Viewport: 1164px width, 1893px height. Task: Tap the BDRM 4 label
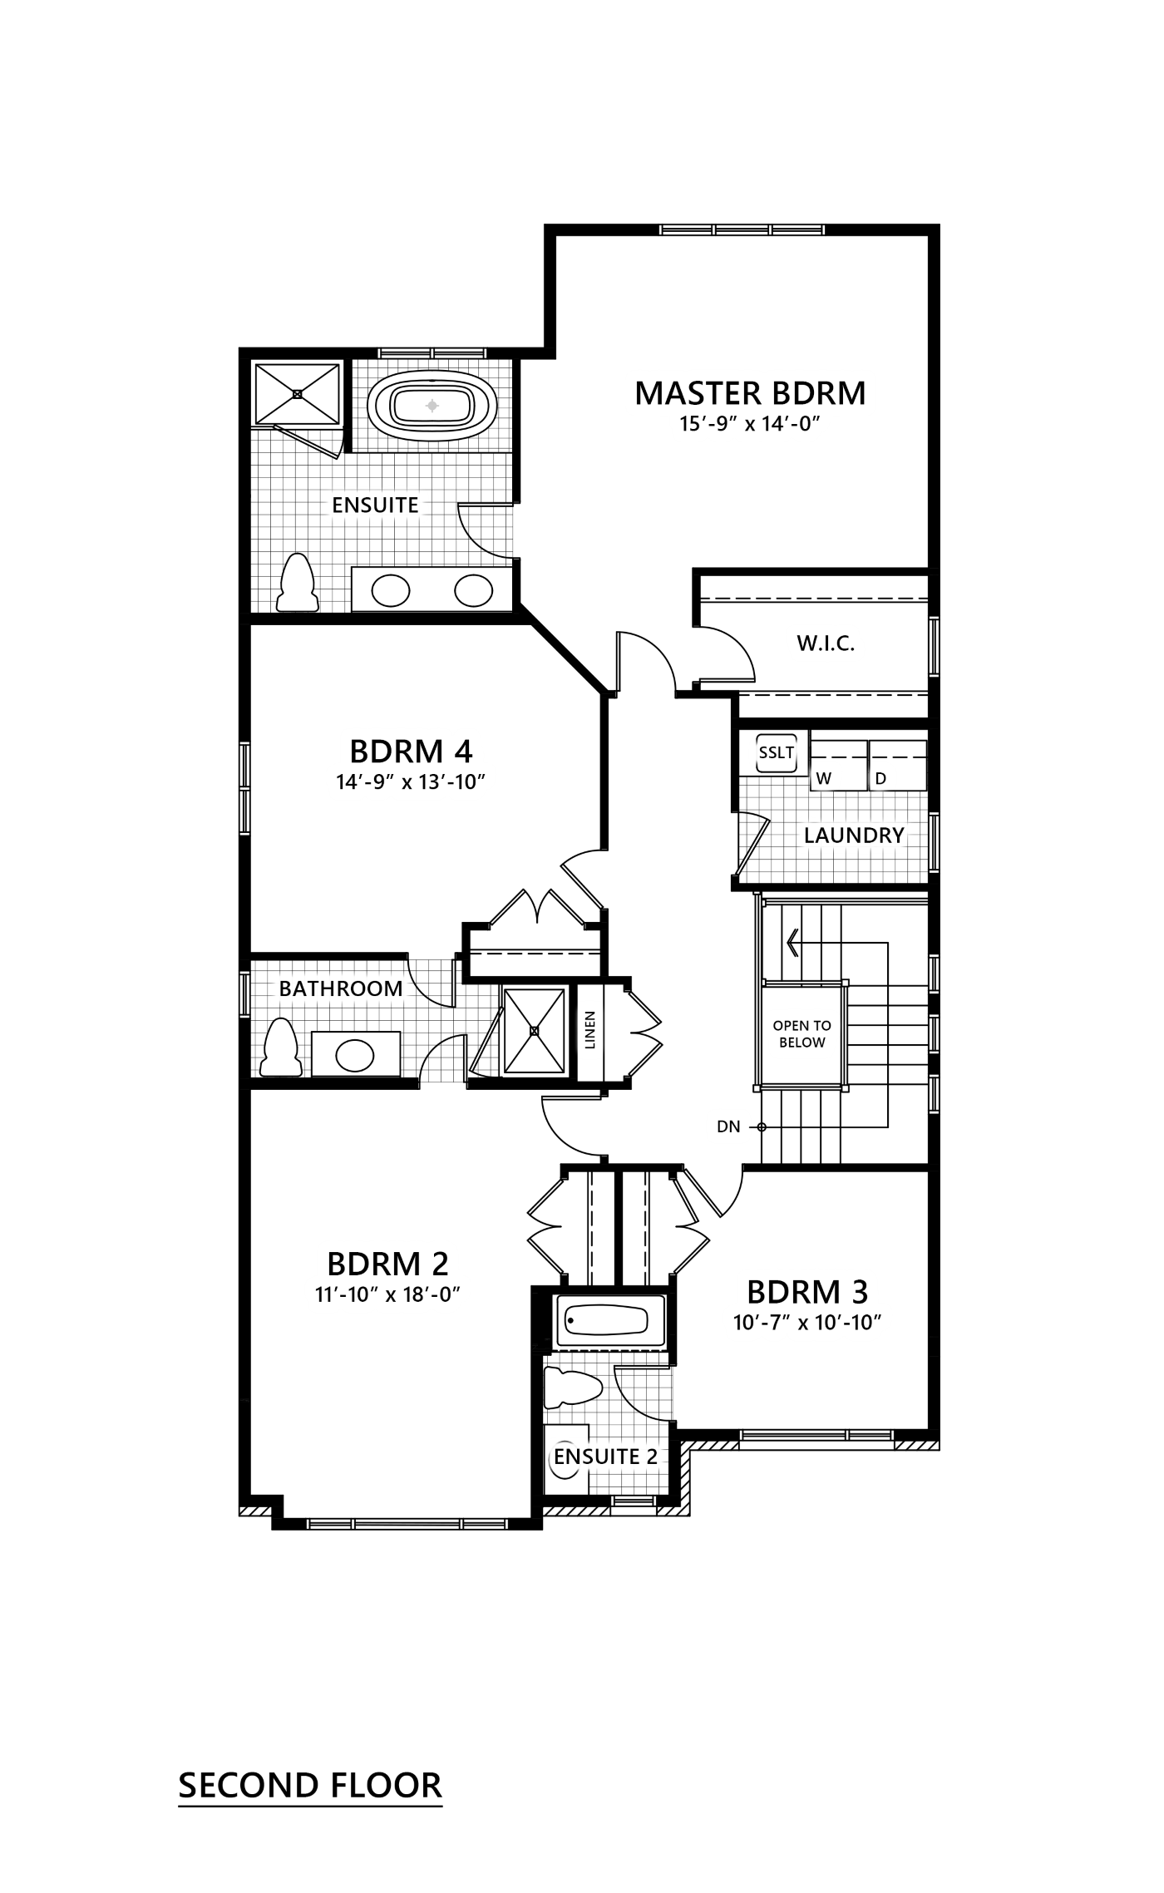pos(411,751)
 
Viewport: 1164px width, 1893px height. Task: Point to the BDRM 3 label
pos(807,1291)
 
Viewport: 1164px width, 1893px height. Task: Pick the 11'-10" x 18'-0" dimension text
pos(387,1294)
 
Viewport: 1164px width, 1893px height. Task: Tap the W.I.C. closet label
pos(826,643)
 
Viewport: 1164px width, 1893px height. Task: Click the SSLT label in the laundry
pos(777,753)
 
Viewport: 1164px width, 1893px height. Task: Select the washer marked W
pos(824,778)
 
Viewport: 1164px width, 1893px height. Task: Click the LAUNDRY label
pos(853,835)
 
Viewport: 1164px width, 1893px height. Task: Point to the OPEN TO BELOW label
pos(801,1034)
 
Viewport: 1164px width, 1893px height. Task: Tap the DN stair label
pos(728,1126)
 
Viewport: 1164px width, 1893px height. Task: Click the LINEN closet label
pos(590,1033)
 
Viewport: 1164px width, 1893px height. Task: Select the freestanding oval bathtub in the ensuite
pos(432,407)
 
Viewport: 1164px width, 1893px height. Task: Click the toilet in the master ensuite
pos(297,584)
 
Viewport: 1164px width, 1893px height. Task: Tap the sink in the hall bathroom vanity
pos(355,1057)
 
